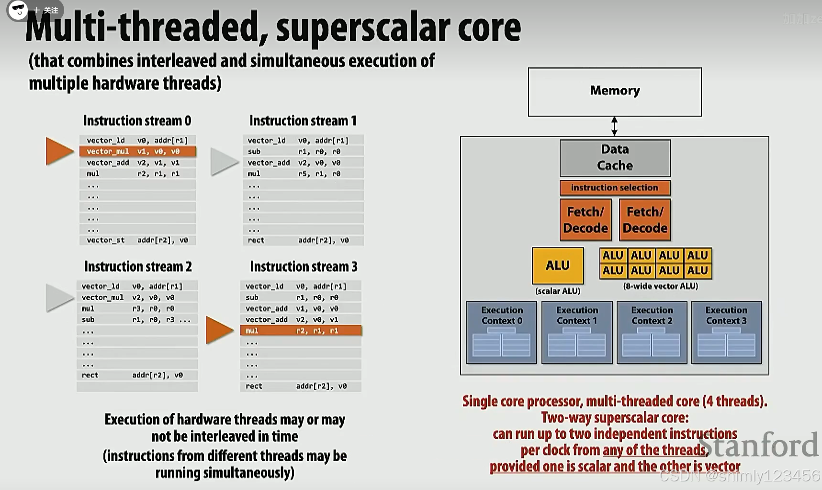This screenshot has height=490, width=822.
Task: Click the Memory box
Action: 615,92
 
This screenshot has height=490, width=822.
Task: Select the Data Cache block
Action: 615,158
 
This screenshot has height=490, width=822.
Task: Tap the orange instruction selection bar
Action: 615,187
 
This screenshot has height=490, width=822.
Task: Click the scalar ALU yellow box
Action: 558,266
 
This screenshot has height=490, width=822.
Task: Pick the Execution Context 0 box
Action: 502,332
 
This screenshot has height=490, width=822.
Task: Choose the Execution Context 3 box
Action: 726,332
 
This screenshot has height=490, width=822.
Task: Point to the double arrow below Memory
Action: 614,126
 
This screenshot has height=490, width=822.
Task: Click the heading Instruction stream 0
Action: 137,120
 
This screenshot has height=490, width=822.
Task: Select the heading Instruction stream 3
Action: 304,267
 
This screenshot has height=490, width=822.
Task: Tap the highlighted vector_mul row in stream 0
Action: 138,152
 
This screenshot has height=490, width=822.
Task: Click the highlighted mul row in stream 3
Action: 301,330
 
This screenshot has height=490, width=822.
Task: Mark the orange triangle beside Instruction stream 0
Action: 59,151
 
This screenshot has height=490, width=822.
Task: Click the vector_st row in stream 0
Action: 137,240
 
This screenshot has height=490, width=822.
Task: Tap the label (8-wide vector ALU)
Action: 660,286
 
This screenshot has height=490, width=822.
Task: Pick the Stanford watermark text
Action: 759,445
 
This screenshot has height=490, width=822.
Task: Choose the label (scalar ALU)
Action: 558,291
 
